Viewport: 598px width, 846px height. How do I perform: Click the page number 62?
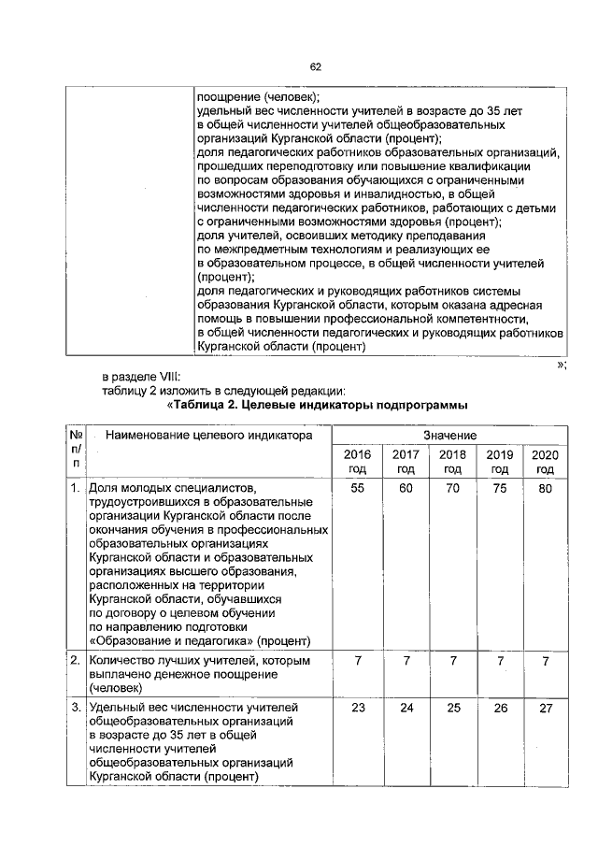(315, 66)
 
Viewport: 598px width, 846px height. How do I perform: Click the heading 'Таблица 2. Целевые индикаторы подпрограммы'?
(317, 405)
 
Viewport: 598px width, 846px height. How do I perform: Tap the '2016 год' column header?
(357, 461)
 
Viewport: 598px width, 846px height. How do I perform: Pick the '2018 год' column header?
(452, 461)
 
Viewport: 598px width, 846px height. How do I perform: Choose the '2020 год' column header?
(545, 461)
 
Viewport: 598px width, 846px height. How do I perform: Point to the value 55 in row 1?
(357, 489)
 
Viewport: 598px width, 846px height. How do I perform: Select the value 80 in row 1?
(545, 489)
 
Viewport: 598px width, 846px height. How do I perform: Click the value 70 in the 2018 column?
(452, 489)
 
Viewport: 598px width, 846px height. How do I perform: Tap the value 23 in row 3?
(357, 709)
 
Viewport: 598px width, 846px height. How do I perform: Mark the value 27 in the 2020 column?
(545, 709)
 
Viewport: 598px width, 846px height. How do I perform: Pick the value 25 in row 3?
(452, 709)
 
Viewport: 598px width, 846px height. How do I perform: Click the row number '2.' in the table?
(74, 661)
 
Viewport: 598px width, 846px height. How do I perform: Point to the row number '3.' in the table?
(74, 708)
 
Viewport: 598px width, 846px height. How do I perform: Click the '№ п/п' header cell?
(75, 450)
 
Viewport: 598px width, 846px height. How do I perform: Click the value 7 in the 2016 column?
(357, 662)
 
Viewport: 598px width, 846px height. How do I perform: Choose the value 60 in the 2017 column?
(405, 489)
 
